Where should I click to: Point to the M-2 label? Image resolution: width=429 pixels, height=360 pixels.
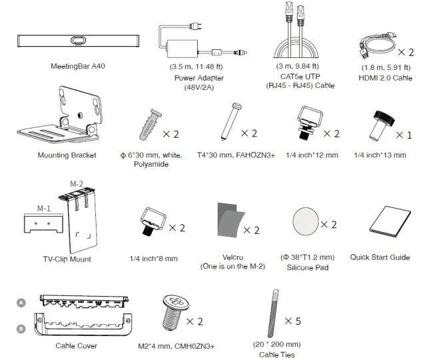pos(77,182)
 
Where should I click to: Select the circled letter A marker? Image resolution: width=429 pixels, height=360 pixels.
pos(21,301)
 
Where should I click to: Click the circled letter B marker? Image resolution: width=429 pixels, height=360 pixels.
pos(21,328)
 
